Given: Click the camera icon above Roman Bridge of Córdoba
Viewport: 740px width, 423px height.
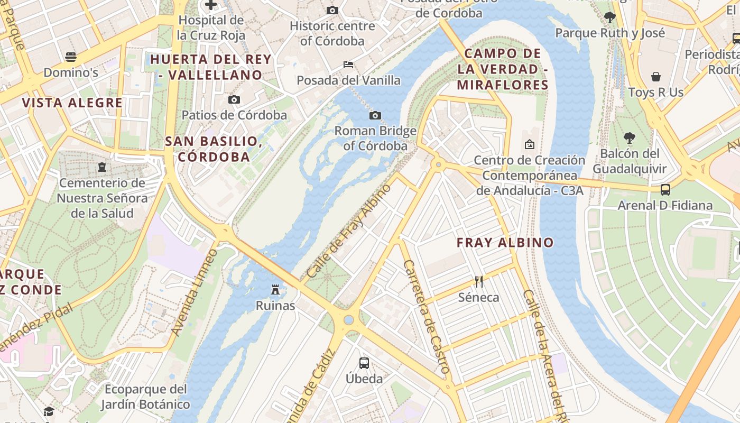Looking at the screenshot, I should pos(375,115).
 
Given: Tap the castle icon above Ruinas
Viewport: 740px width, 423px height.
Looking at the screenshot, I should pos(275,289).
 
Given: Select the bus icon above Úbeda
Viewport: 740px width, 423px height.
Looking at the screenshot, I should pos(364,363).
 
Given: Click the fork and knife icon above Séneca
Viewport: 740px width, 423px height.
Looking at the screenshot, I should pos(479,281).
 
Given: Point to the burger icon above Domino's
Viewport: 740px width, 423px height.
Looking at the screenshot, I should pos(71,57).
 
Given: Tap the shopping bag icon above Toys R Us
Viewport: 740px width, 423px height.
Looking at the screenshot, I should pos(655,77).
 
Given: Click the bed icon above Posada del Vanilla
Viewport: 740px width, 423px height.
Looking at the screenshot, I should pos(348,65).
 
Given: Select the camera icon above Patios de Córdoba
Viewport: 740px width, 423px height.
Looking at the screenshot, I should pos(234,99).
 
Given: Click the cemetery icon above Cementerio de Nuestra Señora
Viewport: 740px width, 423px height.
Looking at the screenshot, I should pos(101,167).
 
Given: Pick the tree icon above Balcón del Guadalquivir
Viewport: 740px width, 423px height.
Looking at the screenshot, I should pos(629,138).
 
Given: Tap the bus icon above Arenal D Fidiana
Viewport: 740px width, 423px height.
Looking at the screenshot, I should pos(665,189).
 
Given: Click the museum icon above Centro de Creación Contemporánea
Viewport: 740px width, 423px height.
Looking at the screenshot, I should pos(529,144).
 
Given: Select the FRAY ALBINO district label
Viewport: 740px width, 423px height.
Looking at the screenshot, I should pos(505,243).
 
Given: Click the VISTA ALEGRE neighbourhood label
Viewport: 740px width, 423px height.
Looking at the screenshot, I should pos(72,103).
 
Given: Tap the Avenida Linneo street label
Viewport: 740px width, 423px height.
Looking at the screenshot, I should pos(194,292).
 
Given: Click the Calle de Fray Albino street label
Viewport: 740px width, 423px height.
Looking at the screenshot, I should pos(348,231).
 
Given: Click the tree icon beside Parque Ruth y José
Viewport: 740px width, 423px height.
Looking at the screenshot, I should pos(609,17).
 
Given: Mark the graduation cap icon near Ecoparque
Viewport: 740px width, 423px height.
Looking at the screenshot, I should pos(49,411).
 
